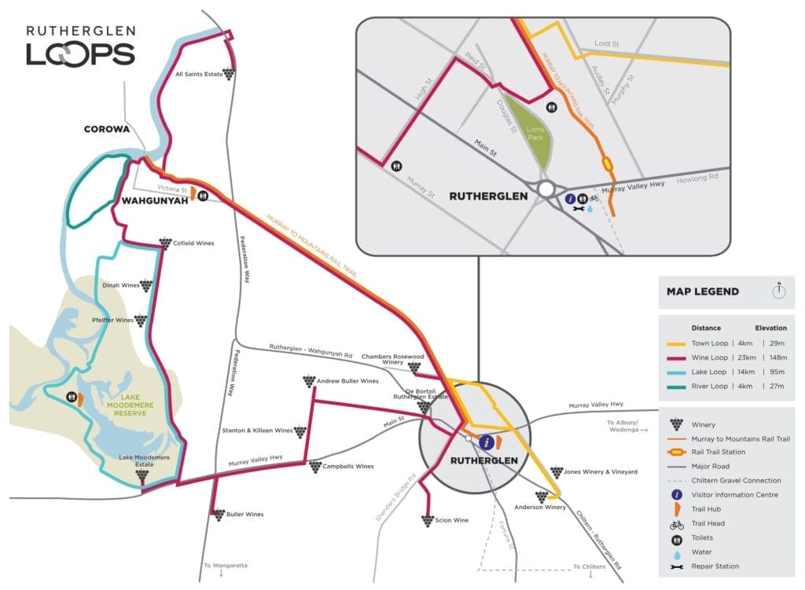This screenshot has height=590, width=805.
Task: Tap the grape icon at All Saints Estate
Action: (229, 74)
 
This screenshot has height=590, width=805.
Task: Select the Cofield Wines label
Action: (193, 244)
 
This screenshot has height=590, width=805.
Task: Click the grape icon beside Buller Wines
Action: (219, 515)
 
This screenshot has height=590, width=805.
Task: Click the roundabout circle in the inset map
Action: (545, 189)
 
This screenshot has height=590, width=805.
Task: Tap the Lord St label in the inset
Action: (607, 44)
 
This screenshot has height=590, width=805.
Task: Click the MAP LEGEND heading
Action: (702, 291)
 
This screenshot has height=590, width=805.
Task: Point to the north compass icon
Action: (779, 291)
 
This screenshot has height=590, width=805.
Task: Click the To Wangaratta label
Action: (222, 566)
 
